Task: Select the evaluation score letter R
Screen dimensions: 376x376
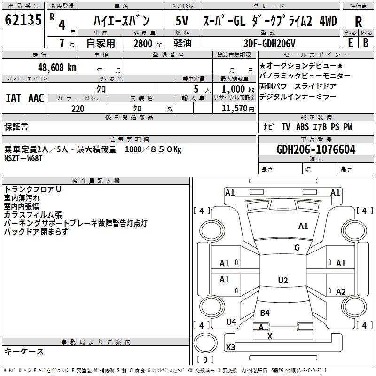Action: click(358, 21)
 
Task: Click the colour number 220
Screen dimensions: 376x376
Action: click(78, 109)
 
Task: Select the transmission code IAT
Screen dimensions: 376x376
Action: click(13, 98)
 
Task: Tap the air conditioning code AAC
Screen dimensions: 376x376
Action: click(36, 98)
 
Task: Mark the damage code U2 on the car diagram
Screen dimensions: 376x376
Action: click(282, 281)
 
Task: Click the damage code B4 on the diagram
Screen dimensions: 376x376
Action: click(265, 313)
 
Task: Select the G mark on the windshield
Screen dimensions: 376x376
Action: click(297, 248)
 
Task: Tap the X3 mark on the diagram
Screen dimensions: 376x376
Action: click(231, 347)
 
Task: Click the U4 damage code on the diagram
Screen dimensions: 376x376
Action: click(231, 322)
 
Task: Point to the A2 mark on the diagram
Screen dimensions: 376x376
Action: click(341, 291)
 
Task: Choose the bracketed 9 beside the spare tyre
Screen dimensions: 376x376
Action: click(205, 360)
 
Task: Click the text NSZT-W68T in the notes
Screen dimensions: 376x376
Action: click(24, 158)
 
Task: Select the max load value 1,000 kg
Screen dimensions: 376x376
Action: click(234, 88)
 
